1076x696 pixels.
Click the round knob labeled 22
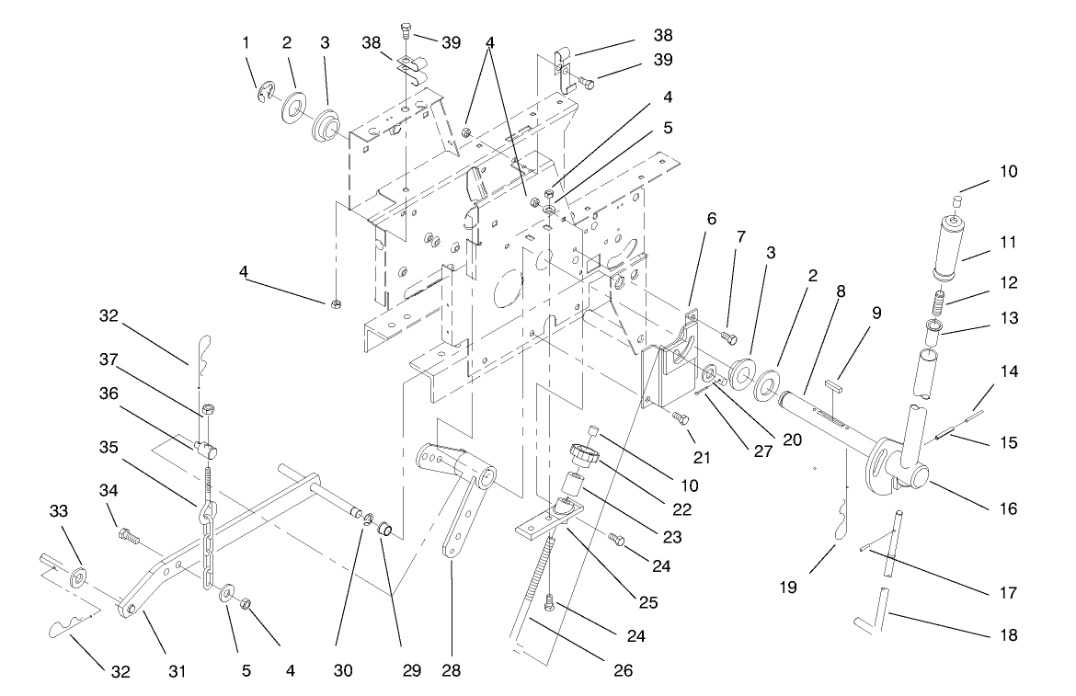pos(582,453)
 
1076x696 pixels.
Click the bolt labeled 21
pos(680,418)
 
